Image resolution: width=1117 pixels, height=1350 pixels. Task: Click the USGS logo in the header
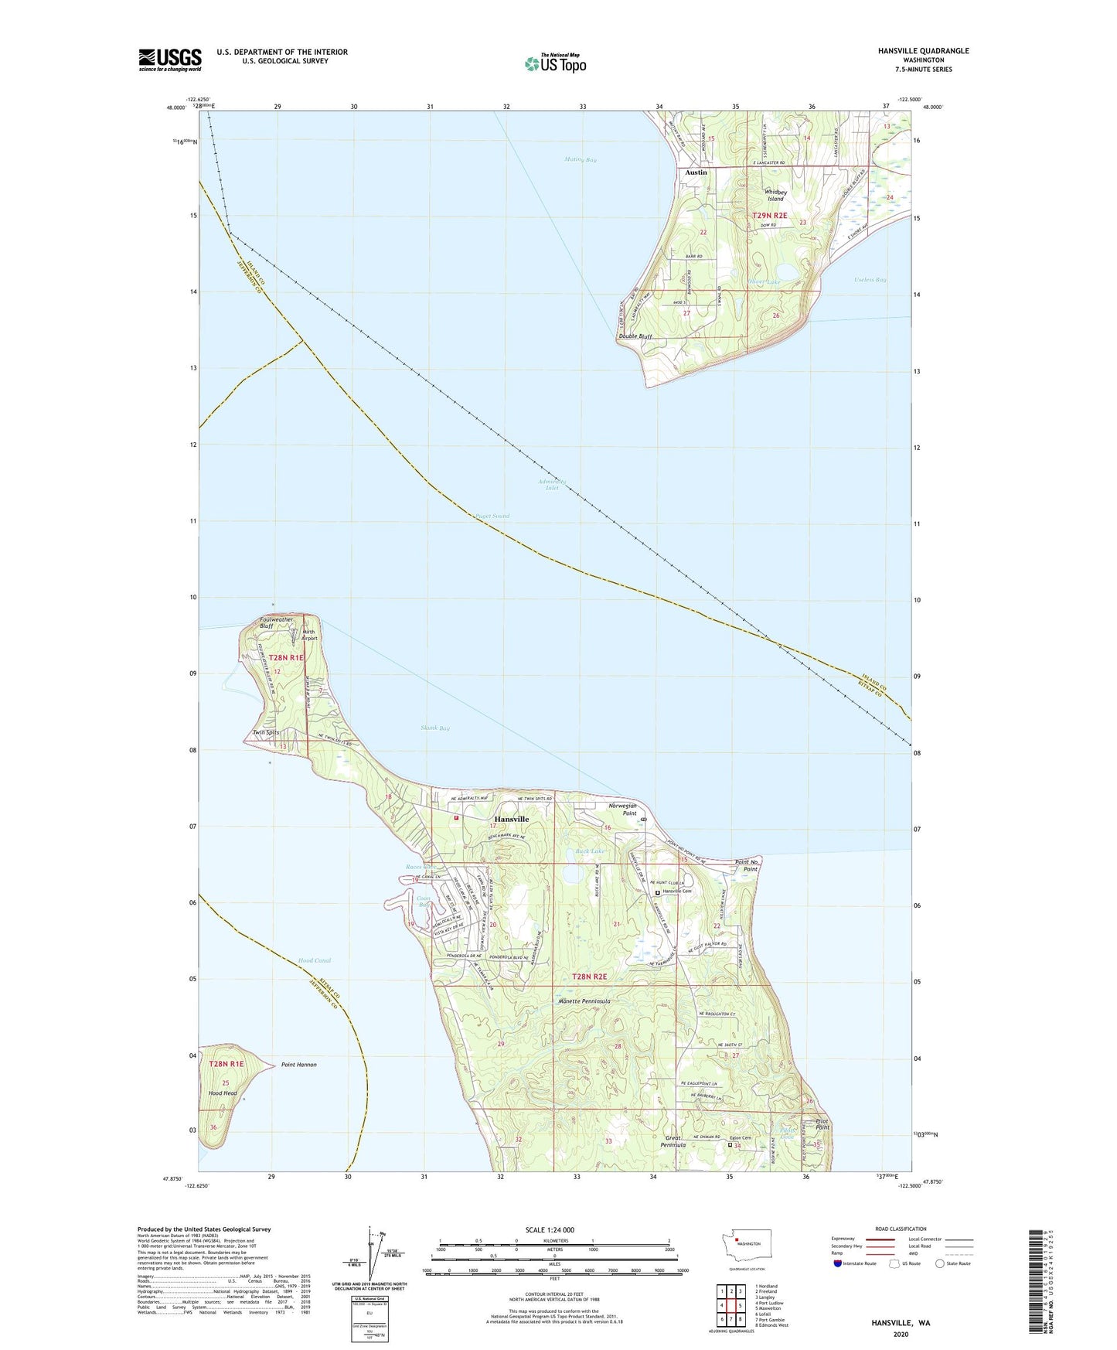pos(170,60)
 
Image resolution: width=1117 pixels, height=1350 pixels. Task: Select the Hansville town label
pos(512,819)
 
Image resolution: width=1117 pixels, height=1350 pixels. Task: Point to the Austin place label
pos(696,172)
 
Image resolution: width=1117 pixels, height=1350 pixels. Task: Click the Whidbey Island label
pos(775,195)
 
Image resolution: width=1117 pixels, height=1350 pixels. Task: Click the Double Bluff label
pos(635,336)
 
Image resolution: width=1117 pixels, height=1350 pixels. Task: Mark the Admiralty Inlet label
pos(552,485)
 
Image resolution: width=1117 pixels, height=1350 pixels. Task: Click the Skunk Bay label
pos(435,728)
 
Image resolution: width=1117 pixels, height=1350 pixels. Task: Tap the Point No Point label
pos(746,865)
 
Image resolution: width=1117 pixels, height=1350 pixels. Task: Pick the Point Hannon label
pos(299,1065)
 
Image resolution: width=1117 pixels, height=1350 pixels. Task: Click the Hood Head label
pos(223,1093)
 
